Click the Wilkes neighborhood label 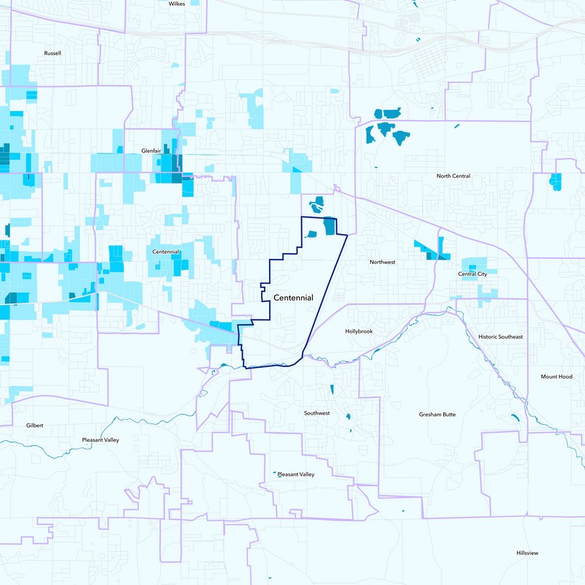pyautogui.click(x=177, y=4)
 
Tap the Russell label pyautogui.click(x=53, y=53)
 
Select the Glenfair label pyautogui.click(x=151, y=151)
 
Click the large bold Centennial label pyautogui.click(x=293, y=298)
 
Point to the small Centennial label pyautogui.click(x=166, y=252)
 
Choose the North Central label pyautogui.click(x=453, y=176)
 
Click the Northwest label pyautogui.click(x=382, y=262)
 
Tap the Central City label pyautogui.click(x=472, y=274)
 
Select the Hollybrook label pyautogui.click(x=359, y=331)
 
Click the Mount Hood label pyautogui.click(x=556, y=377)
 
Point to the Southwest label pyautogui.click(x=317, y=413)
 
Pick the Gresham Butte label pyautogui.click(x=437, y=415)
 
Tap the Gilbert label pyautogui.click(x=35, y=425)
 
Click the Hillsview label pyautogui.click(x=526, y=553)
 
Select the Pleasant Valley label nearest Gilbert pyautogui.click(x=100, y=440)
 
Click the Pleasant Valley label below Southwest pyautogui.click(x=296, y=475)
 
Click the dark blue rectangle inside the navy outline pyautogui.click(x=329, y=227)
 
